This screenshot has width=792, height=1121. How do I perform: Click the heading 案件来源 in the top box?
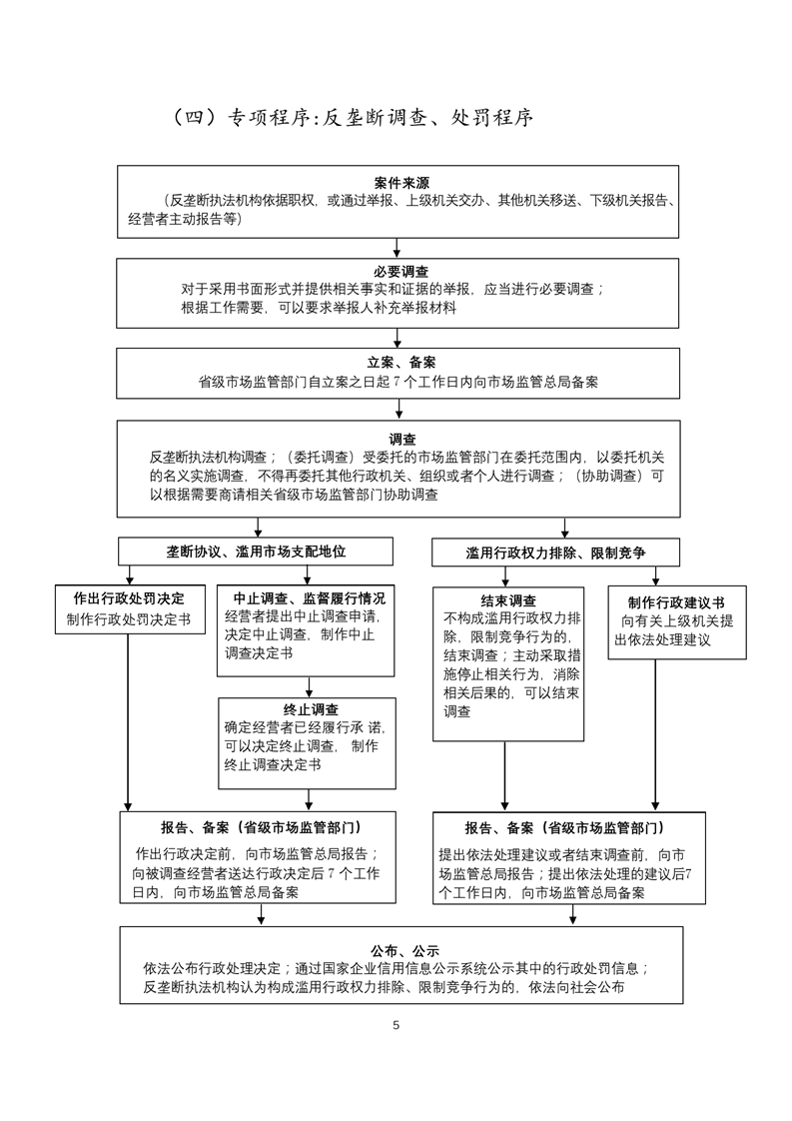point(401,184)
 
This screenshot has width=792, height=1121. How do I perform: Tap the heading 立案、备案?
point(401,362)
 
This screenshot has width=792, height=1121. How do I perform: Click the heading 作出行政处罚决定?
point(129,598)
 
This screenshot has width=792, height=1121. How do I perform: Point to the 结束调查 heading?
point(508,600)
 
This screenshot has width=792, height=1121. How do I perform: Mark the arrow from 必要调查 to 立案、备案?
point(397,338)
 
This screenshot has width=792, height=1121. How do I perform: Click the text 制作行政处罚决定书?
point(129,618)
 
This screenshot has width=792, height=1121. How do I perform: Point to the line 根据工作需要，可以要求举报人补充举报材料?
point(319,309)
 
